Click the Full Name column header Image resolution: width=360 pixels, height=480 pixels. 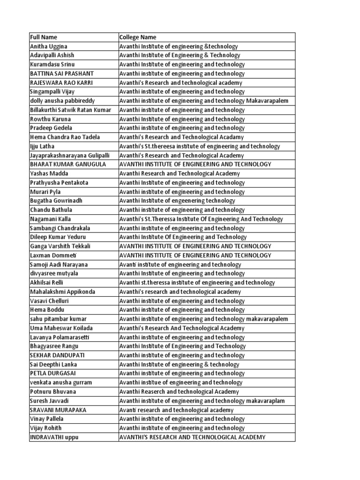[44, 37]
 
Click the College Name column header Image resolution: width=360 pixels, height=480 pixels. [138, 37]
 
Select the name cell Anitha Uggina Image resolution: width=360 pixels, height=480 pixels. [49, 46]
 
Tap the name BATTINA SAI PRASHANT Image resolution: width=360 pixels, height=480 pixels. [62, 74]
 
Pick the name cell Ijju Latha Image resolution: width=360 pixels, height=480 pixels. [42, 146]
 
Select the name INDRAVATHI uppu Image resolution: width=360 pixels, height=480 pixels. [54, 437]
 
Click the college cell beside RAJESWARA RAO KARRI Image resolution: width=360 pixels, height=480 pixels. [181, 82]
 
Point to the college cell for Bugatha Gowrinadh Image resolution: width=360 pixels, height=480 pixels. [177, 201]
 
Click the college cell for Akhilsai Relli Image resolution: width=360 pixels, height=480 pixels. [197, 283]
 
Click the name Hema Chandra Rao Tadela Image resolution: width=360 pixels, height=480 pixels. [65, 137]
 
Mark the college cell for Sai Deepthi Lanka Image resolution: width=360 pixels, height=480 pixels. [179, 364]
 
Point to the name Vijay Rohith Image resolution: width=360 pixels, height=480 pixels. [46, 428]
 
